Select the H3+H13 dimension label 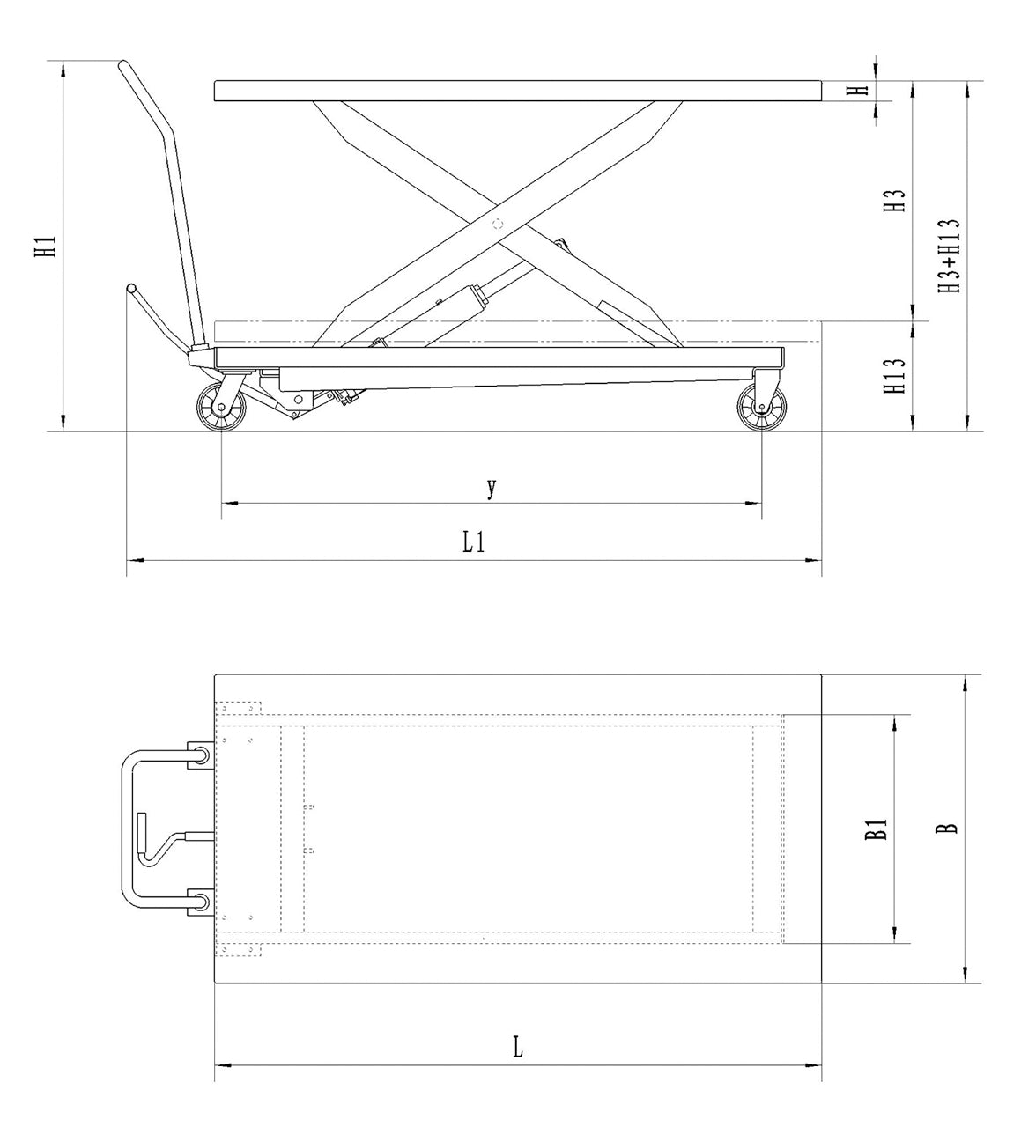949,256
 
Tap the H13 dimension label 895,376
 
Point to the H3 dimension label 895,201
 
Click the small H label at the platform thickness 862,90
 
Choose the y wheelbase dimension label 492,487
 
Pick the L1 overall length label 474,542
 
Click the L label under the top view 518,1048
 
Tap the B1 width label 876,829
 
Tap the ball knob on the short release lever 131,288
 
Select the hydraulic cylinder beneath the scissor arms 440,313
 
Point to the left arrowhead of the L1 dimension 132,559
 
